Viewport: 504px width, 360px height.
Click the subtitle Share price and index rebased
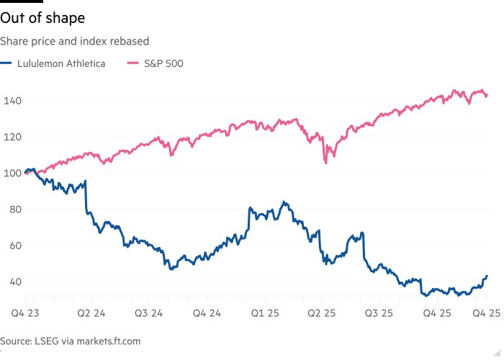74,42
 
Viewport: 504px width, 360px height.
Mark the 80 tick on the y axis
11,209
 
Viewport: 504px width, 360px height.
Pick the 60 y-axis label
11,245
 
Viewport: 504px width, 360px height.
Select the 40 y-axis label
11,282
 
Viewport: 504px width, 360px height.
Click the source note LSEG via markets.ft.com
71,341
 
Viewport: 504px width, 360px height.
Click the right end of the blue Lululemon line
487,276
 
